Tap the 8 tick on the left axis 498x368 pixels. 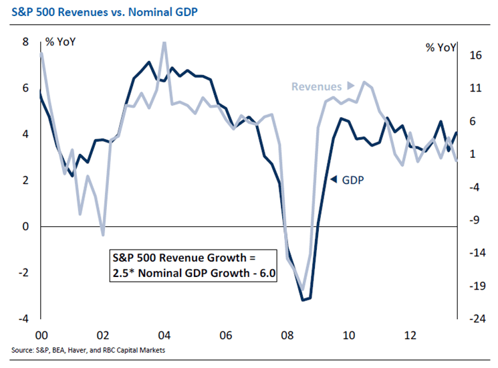pyautogui.click(x=26, y=42)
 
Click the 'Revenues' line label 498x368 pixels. pyautogui.click(x=315, y=86)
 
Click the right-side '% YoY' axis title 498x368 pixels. pyautogui.click(x=441, y=48)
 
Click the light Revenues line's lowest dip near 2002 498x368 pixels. pyautogui.click(x=103, y=235)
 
